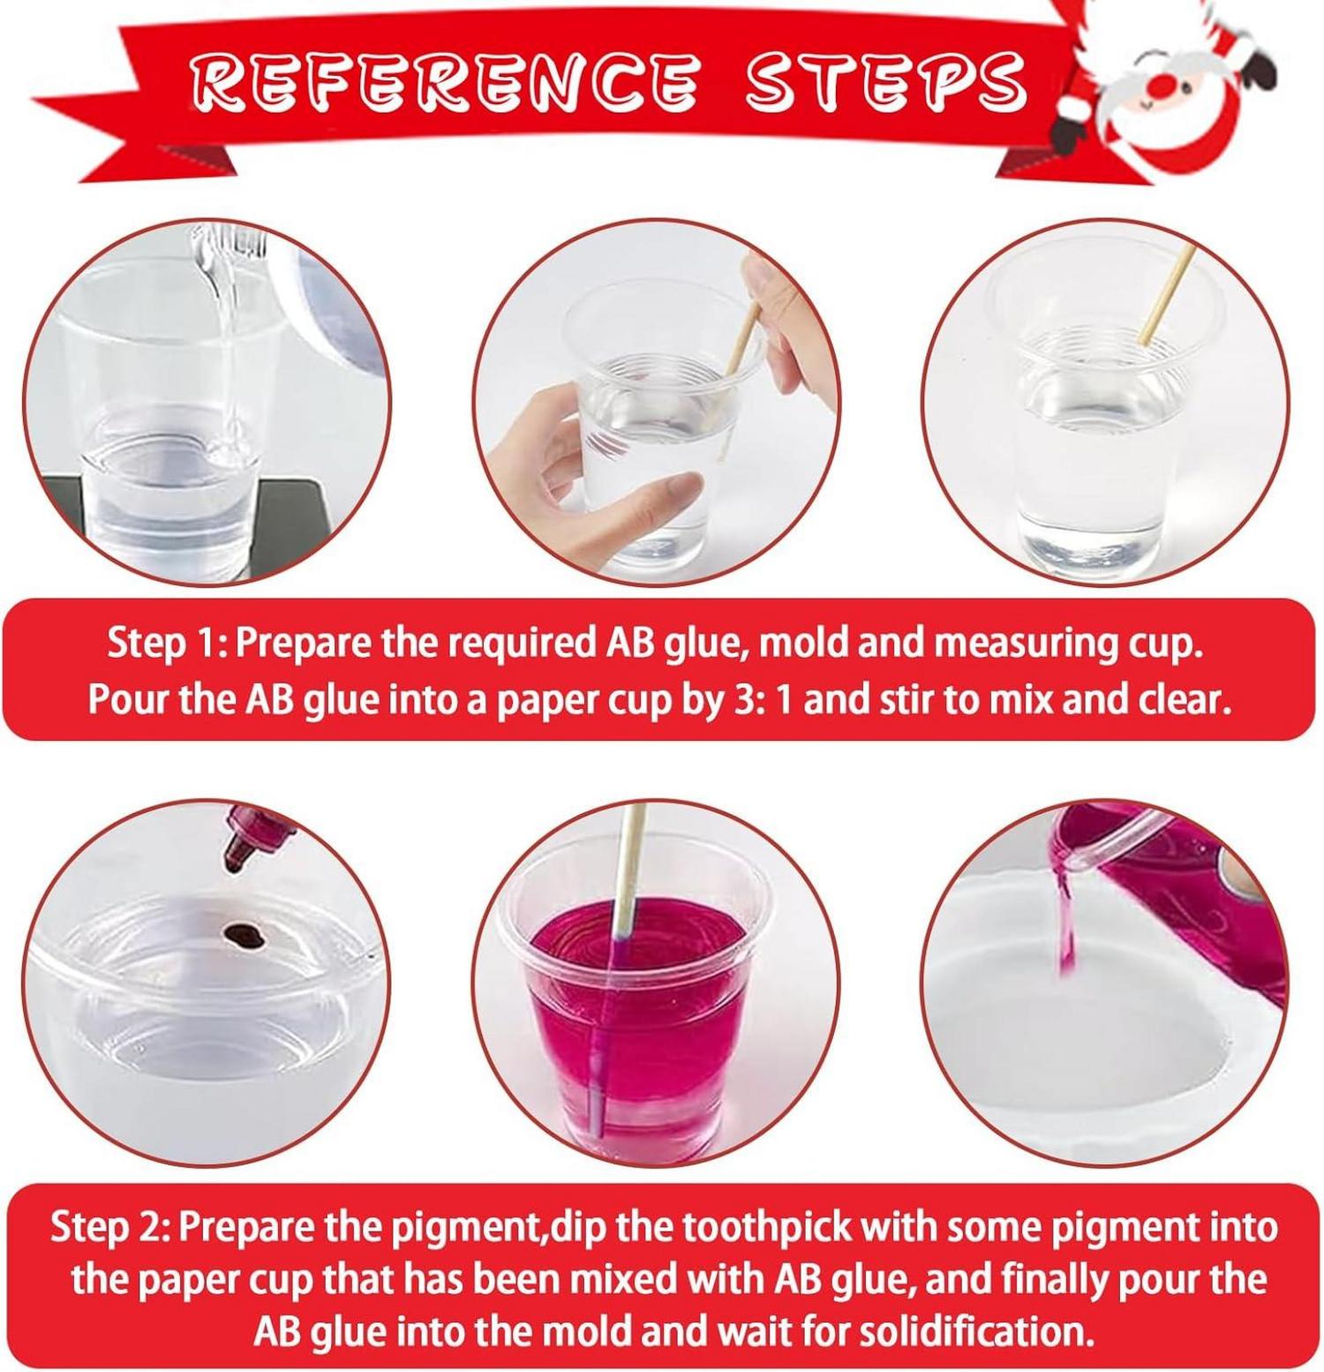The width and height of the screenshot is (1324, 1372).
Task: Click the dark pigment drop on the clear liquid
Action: tap(243, 932)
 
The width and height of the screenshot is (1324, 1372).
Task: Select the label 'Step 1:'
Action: tap(168, 644)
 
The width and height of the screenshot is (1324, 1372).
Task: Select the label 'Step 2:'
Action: tap(110, 1227)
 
